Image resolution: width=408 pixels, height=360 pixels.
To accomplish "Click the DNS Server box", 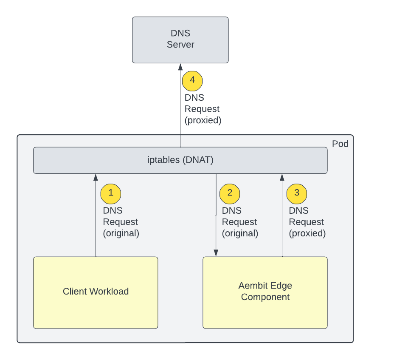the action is click(180, 40).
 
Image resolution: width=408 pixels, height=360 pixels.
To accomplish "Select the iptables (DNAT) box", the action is click(180, 160).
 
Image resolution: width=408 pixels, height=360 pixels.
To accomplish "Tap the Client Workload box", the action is click(96, 292).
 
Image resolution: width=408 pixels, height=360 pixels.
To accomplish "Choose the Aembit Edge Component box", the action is click(265, 292).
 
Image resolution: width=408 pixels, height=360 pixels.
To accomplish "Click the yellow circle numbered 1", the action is click(110, 194).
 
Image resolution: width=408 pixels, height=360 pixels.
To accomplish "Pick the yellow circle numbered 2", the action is click(230, 194).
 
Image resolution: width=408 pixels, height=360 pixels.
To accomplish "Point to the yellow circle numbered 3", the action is click(297, 194).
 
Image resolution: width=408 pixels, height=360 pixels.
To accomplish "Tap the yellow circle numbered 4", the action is click(192, 81).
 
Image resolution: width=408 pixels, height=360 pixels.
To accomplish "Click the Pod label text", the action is click(340, 144).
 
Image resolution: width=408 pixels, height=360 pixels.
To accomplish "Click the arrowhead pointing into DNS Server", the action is click(180, 67).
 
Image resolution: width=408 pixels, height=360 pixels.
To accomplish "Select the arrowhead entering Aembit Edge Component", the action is click(216, 253).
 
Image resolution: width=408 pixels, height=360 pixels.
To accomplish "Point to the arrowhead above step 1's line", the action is click(96, 177).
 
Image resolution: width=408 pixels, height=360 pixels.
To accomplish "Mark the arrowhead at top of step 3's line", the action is click(282, 177).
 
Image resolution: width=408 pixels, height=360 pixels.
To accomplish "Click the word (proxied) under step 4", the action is click(203, 120).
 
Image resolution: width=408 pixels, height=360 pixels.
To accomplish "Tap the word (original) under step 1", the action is click(121, 233).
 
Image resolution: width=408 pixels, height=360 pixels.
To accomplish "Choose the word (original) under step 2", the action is click(240, 233).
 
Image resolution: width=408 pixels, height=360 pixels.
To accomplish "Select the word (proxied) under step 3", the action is click(307, 233).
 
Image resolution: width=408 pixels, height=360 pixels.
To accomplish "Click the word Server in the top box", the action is click(180, 45).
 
